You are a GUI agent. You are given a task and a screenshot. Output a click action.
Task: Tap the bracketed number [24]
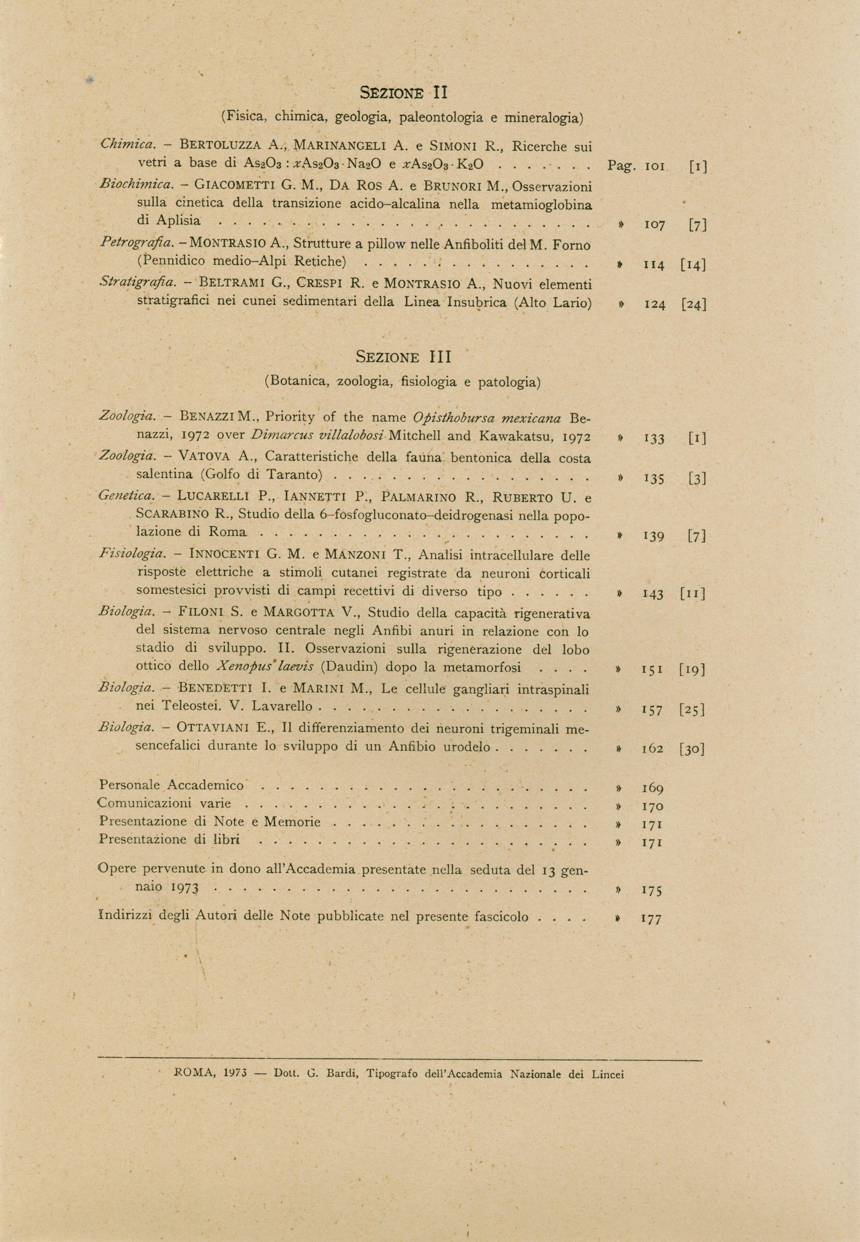click(693, 305)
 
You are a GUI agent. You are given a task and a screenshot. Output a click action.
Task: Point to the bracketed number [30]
click(693, 749)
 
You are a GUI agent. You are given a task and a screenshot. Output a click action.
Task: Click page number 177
click(651, 919)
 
